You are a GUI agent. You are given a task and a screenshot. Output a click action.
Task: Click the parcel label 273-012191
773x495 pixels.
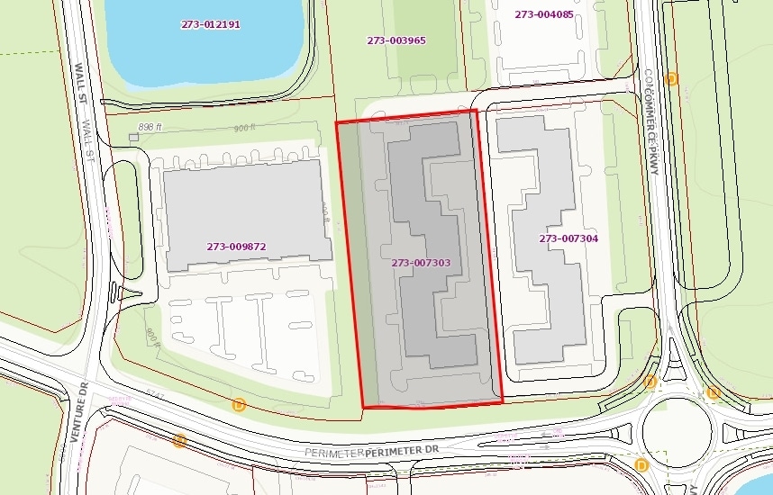[x=210, y=24]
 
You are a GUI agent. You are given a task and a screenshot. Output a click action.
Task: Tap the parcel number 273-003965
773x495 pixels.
[x=396, y=40]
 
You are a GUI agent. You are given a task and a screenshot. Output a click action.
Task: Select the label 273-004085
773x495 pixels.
[x=543, y=14]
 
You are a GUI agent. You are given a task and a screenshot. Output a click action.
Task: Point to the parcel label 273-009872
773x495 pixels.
[x=236, y=247]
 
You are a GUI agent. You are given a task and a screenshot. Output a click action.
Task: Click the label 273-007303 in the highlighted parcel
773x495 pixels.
[x=421, y=264]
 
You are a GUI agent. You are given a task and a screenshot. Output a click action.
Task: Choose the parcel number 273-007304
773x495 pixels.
[x=568, y=238]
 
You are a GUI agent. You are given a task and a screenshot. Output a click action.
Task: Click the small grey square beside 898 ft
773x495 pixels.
[x=133, y=137]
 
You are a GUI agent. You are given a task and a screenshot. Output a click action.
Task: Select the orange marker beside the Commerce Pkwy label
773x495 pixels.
[x=671, y=78]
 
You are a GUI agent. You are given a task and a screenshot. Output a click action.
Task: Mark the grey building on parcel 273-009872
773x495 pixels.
[x=243, y=216]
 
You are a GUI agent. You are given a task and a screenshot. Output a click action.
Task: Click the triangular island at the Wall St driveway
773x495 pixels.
[x=118, y=292]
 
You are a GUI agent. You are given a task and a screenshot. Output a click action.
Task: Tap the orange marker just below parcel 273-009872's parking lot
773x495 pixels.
[x=239, y=404]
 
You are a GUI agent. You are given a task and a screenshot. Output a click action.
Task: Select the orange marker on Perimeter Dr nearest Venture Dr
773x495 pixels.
[x=179, y=440]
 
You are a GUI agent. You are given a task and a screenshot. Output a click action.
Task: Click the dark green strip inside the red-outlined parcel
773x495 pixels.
[x=353, y=261]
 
